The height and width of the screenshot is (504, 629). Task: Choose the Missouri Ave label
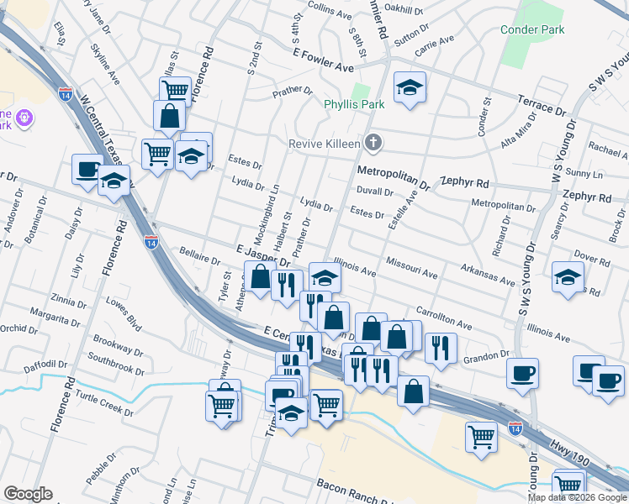pyautogui.click(x=412, y=274)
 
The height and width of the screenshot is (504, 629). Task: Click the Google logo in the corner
pyautogui.click(x=28, y=494)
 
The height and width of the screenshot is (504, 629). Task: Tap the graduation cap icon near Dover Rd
pyautogui.click(x=568, y=276)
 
